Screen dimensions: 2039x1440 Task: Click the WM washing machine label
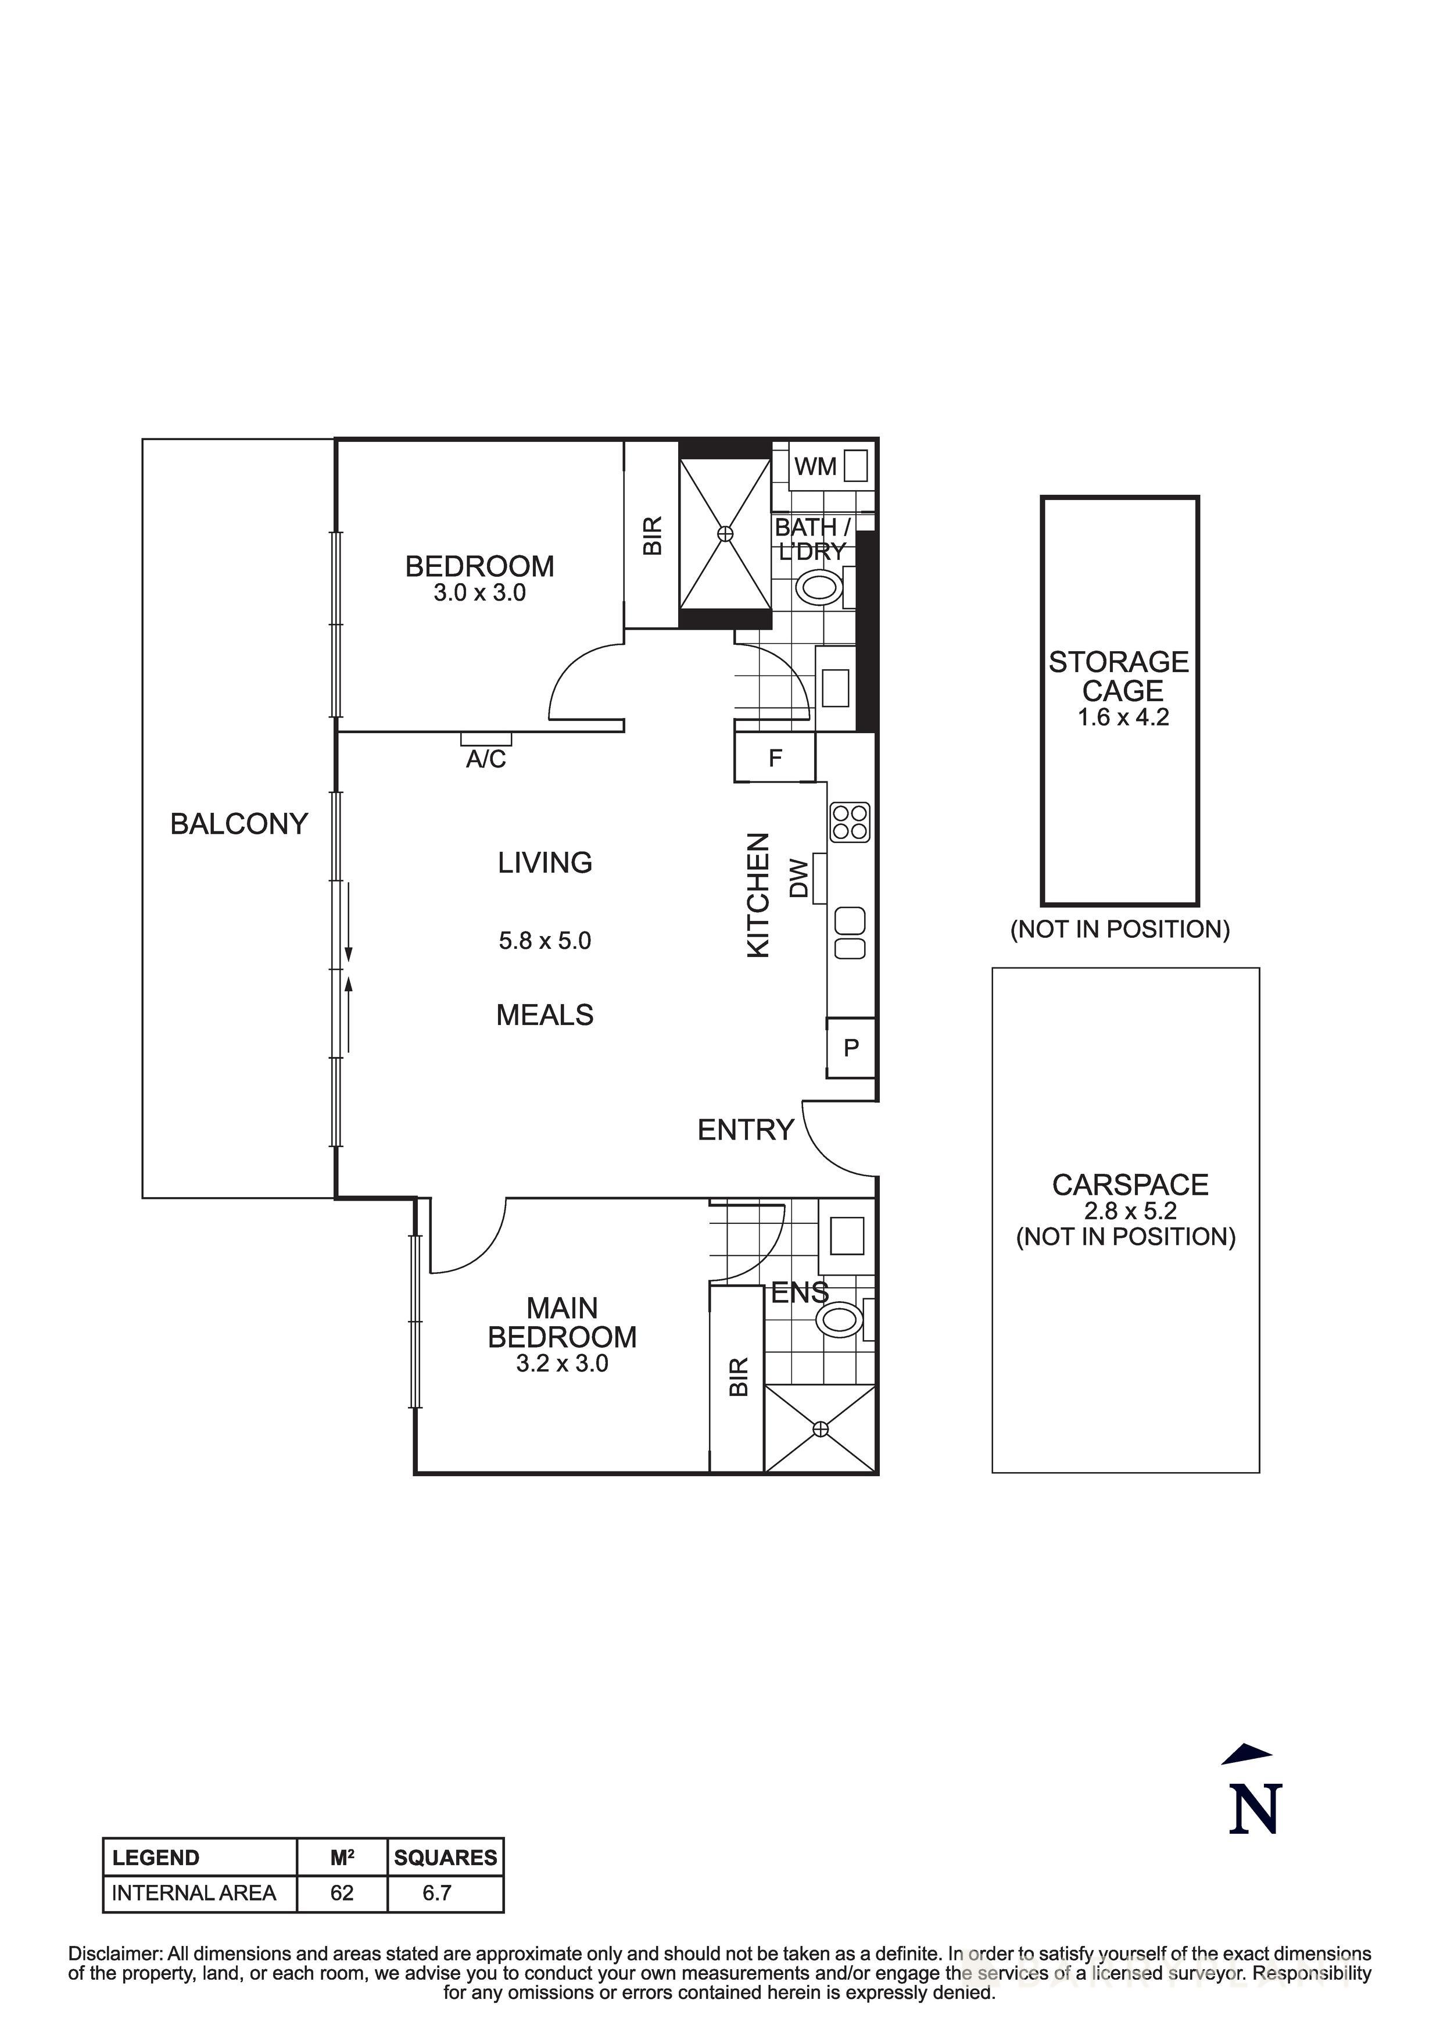[x=815, y=466]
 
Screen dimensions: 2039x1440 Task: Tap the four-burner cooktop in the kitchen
[x=850, y=822]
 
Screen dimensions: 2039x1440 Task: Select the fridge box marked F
[x=775, y=758]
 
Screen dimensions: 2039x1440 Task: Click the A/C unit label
[x=486, y=759]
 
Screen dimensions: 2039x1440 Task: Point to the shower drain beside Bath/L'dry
[x=725, y=534]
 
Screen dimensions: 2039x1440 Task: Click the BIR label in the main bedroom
[x=739, y=1377]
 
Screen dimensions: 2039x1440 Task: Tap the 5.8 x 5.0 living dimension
[x=545, y=941]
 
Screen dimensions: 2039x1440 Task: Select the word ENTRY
[x=745, y=1130]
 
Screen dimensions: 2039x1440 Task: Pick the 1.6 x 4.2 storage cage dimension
[x=1123, y=717]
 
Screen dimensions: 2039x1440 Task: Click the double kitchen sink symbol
[x=851, y=933]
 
